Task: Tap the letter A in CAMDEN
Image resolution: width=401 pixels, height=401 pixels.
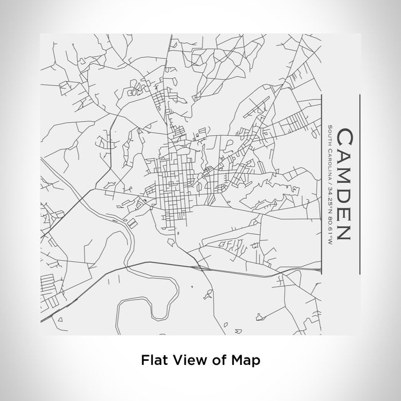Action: [344, 158]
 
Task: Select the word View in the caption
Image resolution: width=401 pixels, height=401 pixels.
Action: [184, 360]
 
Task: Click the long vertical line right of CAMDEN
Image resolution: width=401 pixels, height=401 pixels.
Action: [359, 183]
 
